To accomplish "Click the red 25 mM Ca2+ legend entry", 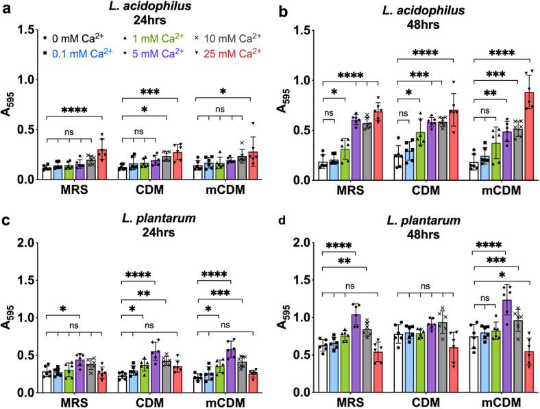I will pos(203,53).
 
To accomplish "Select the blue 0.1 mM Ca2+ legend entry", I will pos(73,53).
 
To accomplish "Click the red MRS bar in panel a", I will pos(103,165).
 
